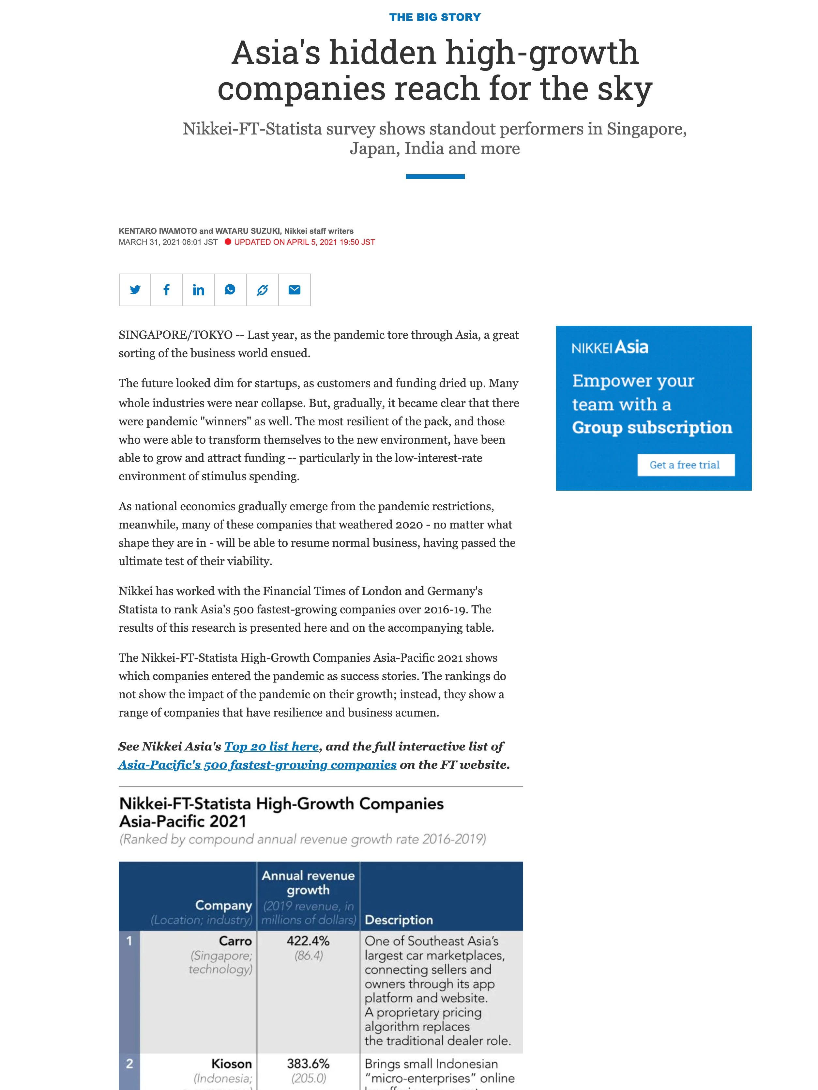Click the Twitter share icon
click(x=135, y=290)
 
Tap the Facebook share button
click(x=166, y=290)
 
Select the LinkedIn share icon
click(x=199, y=290)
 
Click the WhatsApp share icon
click(x=230, y=290)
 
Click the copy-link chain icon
click(x=263, y=290)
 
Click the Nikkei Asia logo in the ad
click(x=610, y=347)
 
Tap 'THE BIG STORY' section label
click(x=434, y=17)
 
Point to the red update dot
click(x=228, y=242)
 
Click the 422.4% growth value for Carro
click(x=308, y=941)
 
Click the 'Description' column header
click(x=399, y=920)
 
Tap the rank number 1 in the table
click(x=129, y=941)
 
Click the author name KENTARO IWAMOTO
click(x=158, y=231)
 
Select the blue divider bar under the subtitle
click(x=435, y=176)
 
